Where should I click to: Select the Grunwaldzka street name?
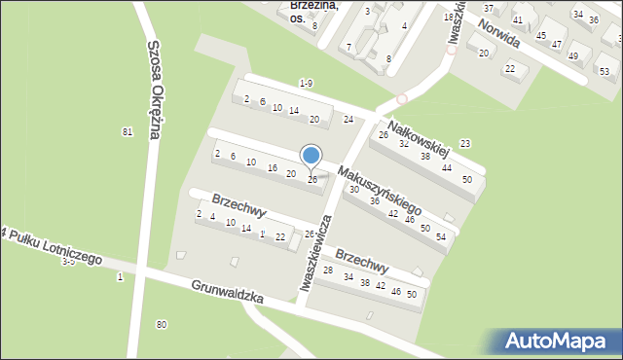(228, 293)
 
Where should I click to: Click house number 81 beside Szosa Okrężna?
(127, 131)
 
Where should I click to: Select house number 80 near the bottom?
(162, 324)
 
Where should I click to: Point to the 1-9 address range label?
(307, 83)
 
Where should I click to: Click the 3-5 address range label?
(68, 262)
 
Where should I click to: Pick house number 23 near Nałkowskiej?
(465, 144)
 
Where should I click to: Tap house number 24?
(348, 120)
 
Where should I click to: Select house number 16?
(273, 167)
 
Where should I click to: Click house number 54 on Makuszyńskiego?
(441, 236)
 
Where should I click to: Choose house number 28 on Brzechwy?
(328, 270)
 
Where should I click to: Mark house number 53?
(604, 71)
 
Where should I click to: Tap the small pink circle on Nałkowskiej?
(402, 98)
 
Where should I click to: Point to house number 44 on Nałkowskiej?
(446, 167)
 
